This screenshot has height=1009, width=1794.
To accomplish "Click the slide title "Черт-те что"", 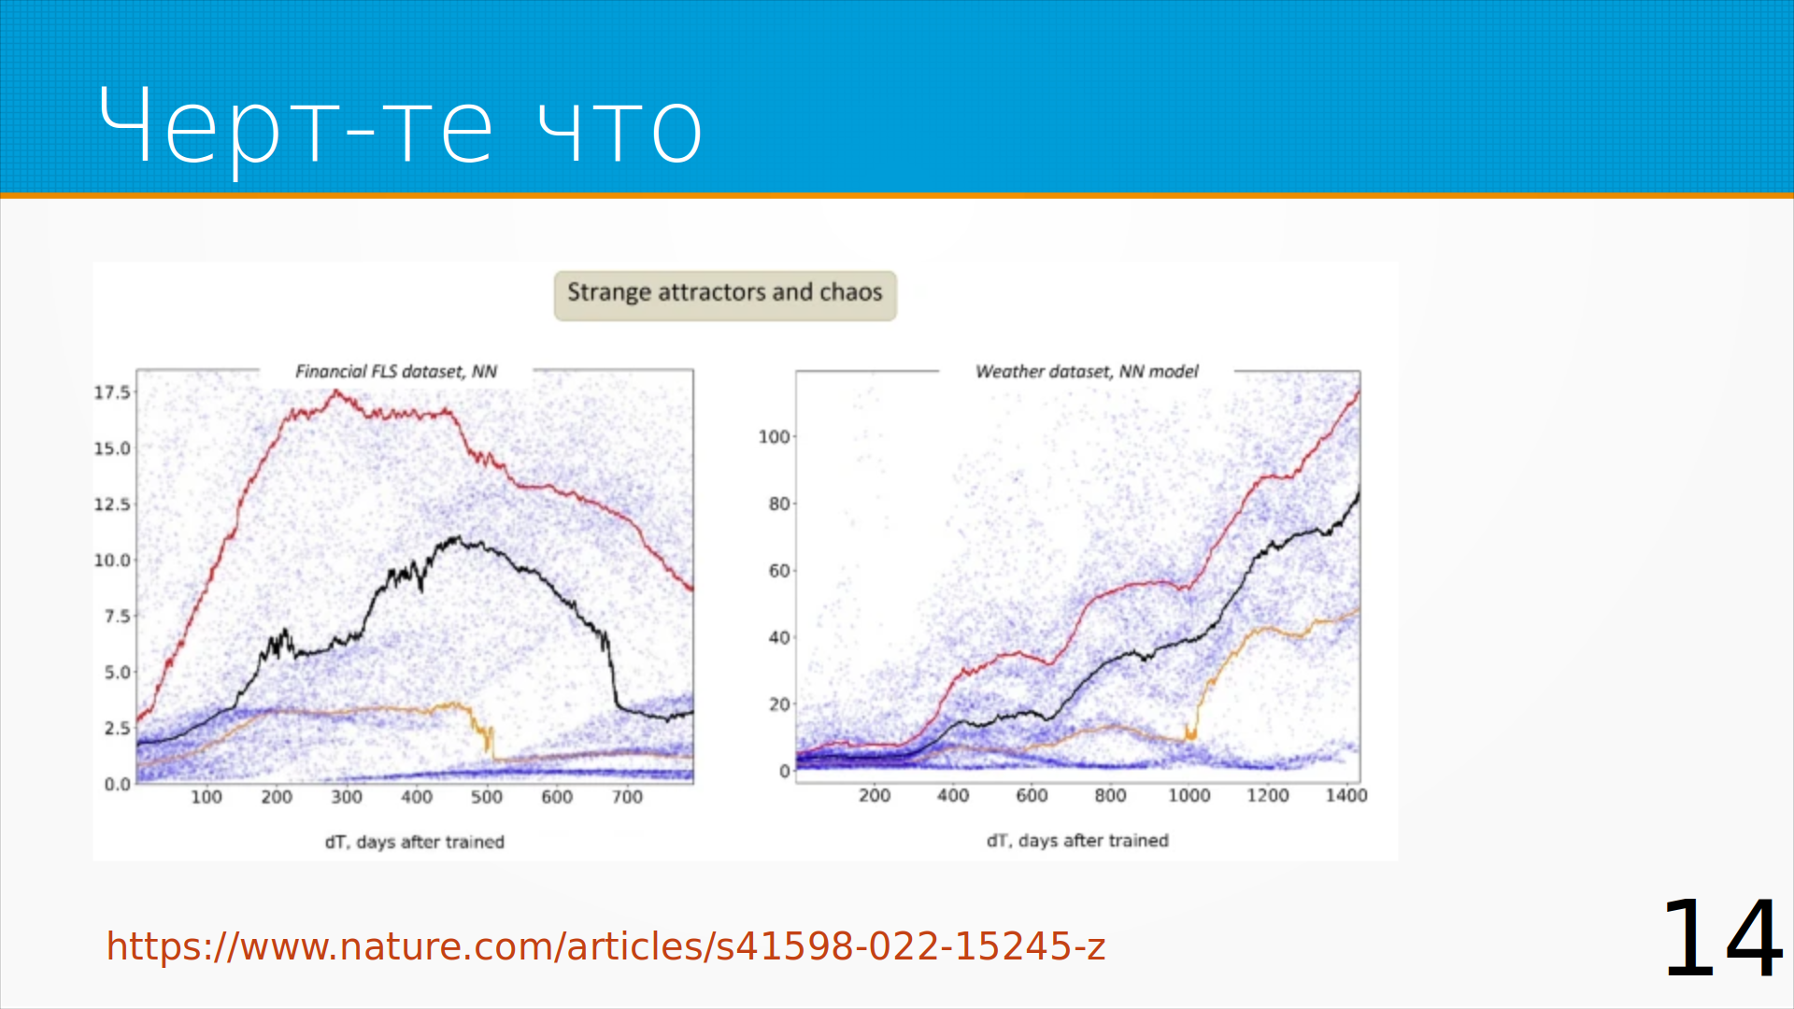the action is [x=400, y=127].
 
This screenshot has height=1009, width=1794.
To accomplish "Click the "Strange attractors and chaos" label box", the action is [x=725, y=295].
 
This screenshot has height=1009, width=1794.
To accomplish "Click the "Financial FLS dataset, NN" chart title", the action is [x=396, y=371].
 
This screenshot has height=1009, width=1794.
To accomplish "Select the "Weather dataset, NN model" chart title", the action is [x=1087, y=371].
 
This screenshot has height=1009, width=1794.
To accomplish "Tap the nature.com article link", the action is [x=605, y=946].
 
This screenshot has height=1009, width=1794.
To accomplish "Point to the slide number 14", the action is [x=1722, y=937].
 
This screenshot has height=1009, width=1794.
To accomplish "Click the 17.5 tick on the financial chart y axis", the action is [x=112, y=392].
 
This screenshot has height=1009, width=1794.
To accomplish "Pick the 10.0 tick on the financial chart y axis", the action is [x=112, y=561].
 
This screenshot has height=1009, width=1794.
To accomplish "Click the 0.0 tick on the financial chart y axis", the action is [x=117, y=784].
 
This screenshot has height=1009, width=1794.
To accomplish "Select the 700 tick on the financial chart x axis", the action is [x=627, y=797].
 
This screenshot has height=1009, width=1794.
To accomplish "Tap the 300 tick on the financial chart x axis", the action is [x=347, y=797].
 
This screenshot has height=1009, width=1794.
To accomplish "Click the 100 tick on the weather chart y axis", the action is [x=774, y=436].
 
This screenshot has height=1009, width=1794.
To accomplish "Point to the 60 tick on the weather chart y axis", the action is [x=779, y=570].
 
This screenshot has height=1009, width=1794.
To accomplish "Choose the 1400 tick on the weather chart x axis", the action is [x=1346, y=795].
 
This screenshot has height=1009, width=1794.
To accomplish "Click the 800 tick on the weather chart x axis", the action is [x=1110, y=795].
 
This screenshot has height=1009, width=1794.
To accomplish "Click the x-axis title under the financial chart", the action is [x=415, y=842].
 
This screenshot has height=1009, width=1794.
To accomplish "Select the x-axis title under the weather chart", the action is [x=1077, y=840].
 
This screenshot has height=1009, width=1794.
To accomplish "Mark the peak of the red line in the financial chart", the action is [x=335, y=392].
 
